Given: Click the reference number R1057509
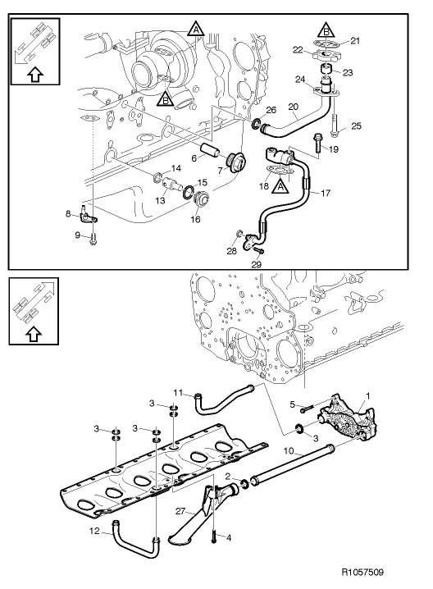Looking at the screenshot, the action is click(362, 572).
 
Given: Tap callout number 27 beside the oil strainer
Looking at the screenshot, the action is click(180, 511).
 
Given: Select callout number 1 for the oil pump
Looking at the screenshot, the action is click(368, 395).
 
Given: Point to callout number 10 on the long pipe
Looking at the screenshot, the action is click(289, 450).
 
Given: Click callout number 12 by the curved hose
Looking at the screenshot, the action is click(94, 531).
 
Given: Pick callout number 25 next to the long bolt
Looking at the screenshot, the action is click(357, 126).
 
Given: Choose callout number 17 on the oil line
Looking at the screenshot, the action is click(326, 193).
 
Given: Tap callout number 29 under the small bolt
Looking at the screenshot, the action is click(256, 264).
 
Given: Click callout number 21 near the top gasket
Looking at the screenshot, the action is click(355, 40).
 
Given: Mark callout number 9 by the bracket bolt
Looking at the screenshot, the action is click(77, 235).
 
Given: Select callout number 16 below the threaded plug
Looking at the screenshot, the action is click(195, 219).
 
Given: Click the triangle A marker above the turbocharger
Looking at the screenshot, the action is click(196, 29).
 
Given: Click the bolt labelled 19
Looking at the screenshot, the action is click(317, 144).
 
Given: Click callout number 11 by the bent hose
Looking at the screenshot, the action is click(178, 393).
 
